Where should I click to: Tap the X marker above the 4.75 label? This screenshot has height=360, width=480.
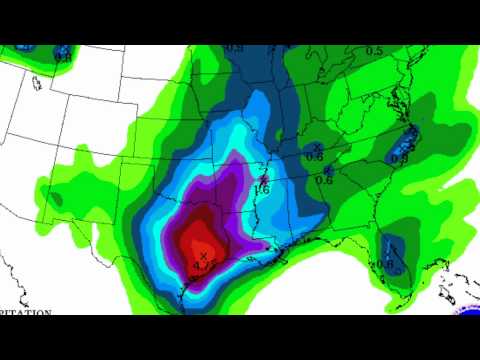click(x=203, y=257)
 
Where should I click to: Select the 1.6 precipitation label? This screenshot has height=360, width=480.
click(x=263, y=189)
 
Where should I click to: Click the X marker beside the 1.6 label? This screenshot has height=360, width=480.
click(x=264, y=180)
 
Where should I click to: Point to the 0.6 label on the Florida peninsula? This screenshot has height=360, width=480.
click(x=387, y=265)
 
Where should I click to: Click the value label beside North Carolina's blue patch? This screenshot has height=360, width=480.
click(x=400, y=157)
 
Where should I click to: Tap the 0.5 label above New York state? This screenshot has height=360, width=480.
click(x=374, y=51)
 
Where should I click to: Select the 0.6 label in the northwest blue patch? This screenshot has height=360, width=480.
click(x=62, y=57)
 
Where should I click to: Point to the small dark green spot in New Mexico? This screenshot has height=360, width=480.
click(x=55, y=201)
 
